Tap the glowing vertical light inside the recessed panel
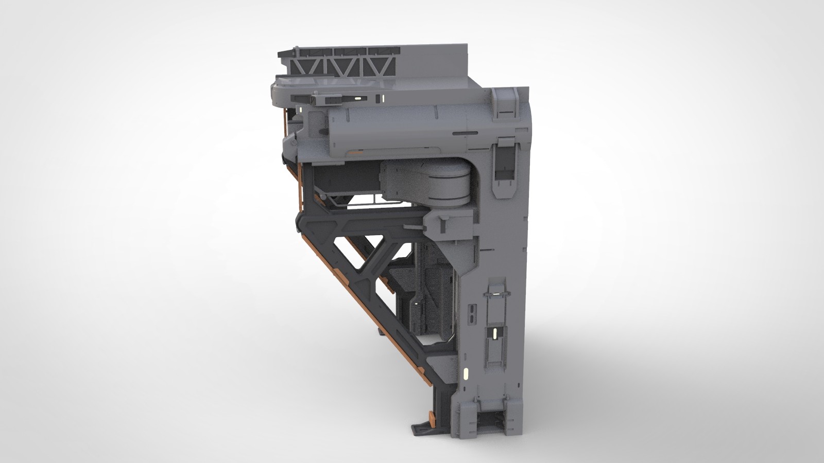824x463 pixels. pos(495,334)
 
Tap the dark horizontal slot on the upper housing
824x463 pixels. pos(465,133)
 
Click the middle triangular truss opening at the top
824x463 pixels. pos(340,67)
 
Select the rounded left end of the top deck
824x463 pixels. pos(278,91)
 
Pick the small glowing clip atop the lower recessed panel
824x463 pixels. pos(497,293)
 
